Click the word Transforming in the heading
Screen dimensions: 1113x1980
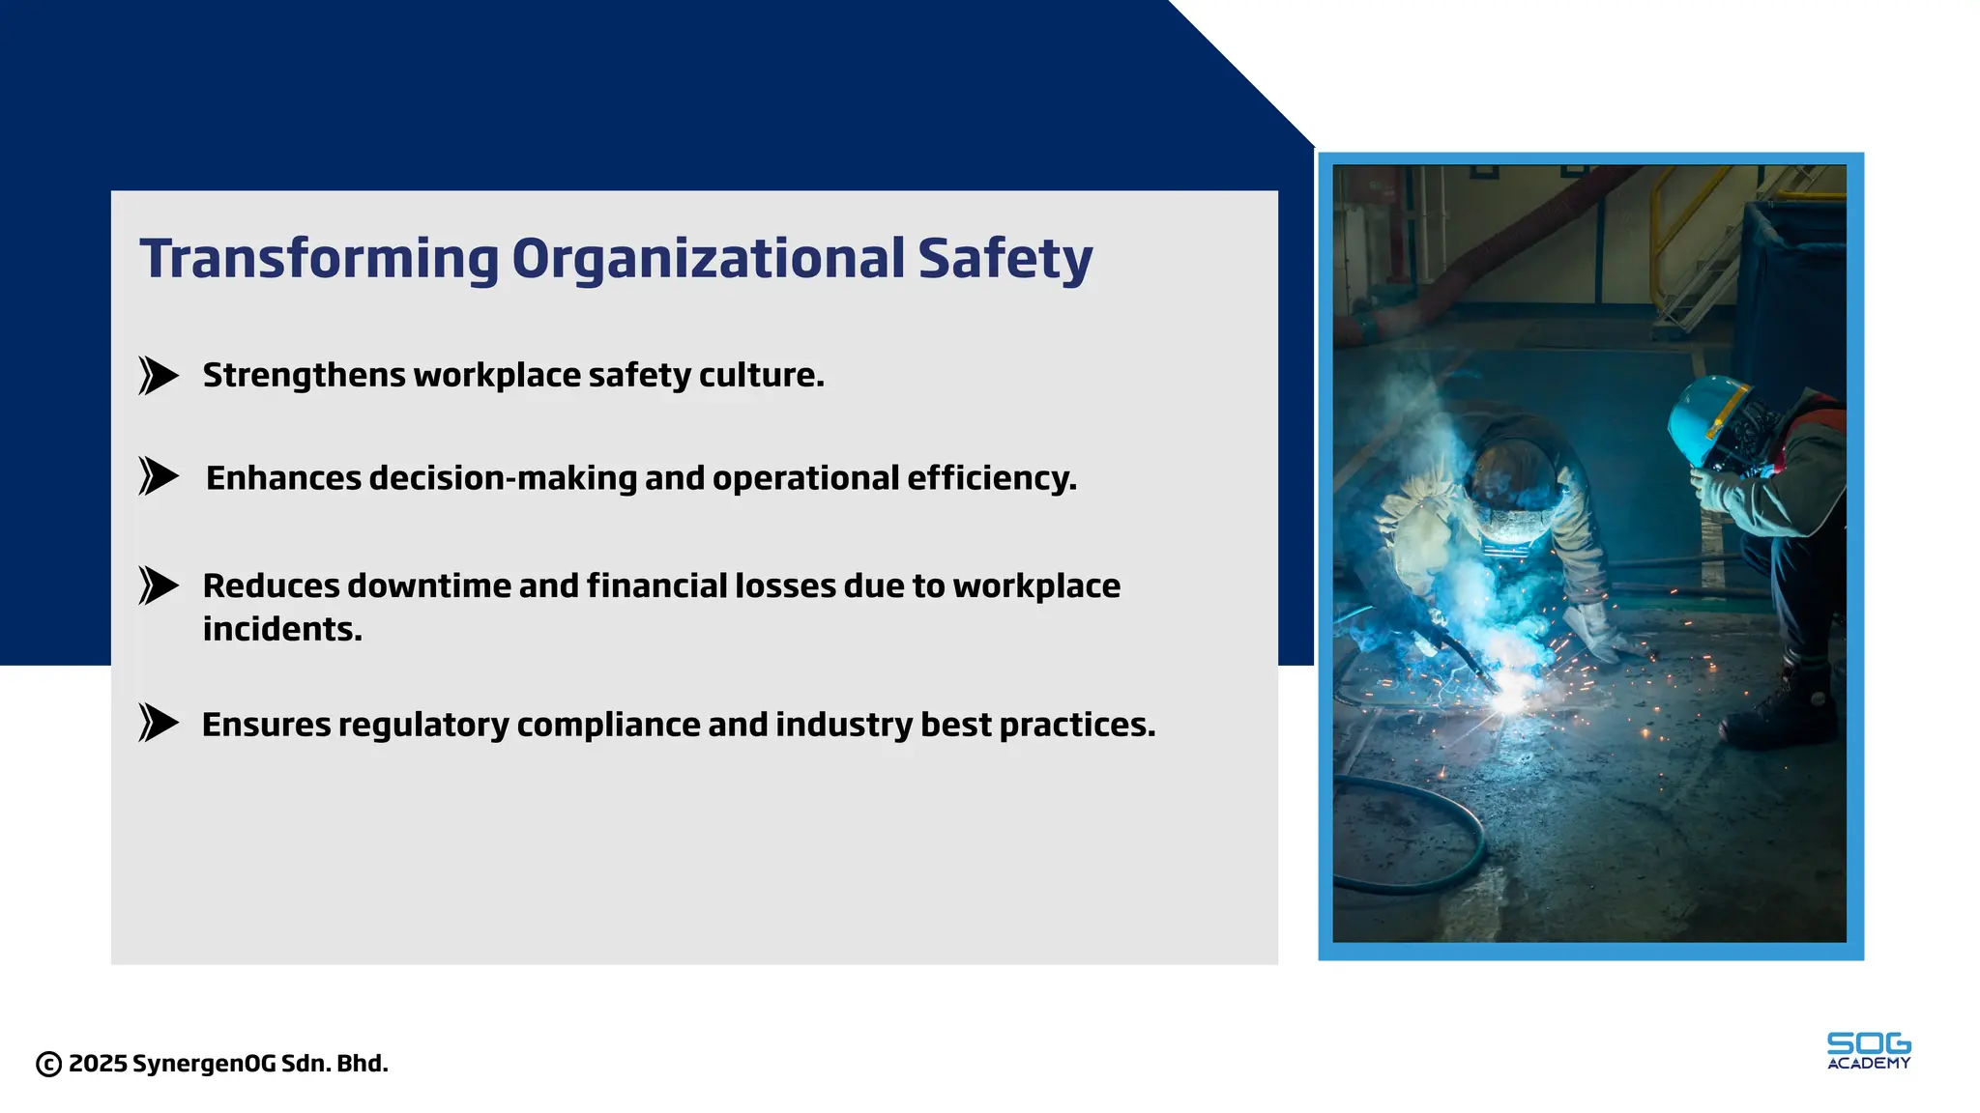319,259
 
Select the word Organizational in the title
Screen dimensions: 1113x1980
708,259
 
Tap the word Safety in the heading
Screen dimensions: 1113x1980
1005,259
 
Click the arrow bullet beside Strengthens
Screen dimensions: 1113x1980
158,376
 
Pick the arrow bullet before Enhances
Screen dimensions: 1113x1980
158,476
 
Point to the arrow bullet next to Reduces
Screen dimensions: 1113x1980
158,585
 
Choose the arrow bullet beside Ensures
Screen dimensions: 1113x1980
158,723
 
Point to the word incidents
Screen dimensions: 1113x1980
282,629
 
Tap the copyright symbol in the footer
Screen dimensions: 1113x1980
48,1064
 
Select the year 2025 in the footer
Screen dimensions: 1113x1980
98,1064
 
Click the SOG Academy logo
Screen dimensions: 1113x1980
1868,1051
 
